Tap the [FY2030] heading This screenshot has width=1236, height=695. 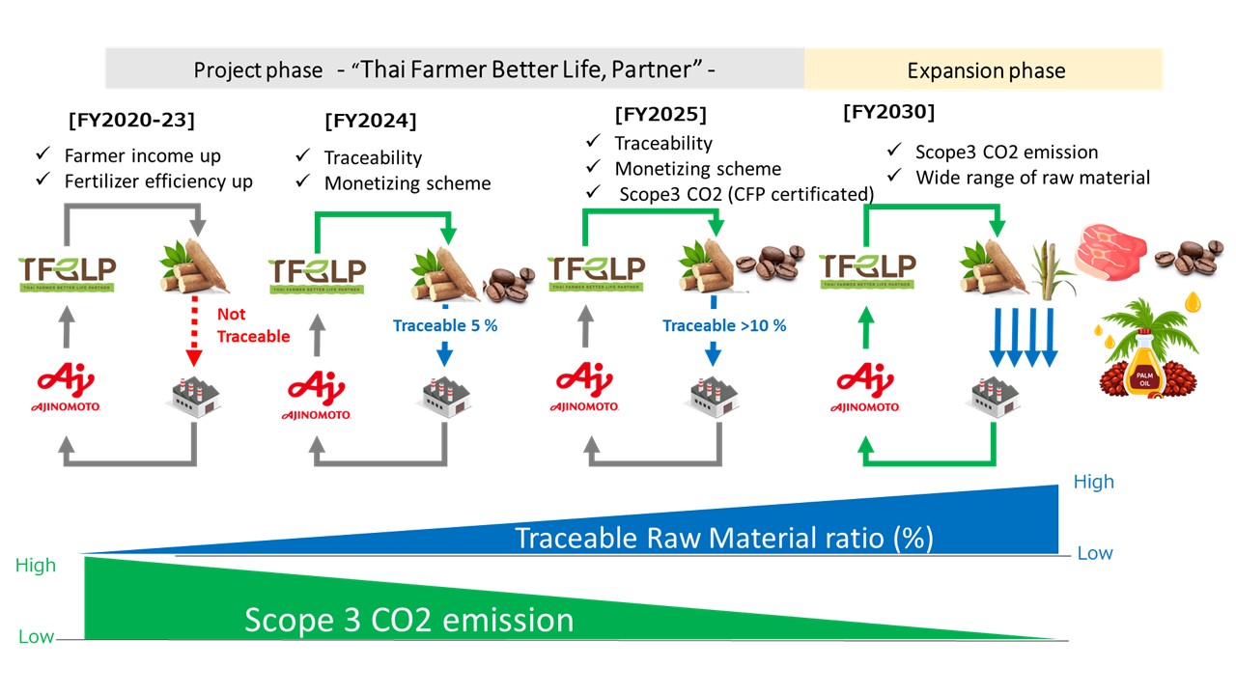888,112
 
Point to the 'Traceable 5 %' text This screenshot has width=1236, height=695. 445,325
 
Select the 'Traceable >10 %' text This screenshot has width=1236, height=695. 724,325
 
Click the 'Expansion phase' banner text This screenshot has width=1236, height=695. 986,70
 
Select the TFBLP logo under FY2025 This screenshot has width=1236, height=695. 596,271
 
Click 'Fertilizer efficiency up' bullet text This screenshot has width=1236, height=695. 158,181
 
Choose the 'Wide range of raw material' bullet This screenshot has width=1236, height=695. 1032,177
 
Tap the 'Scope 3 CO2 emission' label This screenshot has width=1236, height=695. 408,619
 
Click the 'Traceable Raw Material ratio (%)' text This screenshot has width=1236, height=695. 724,537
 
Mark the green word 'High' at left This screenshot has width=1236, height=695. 36,566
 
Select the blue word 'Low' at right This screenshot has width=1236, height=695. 1095,553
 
